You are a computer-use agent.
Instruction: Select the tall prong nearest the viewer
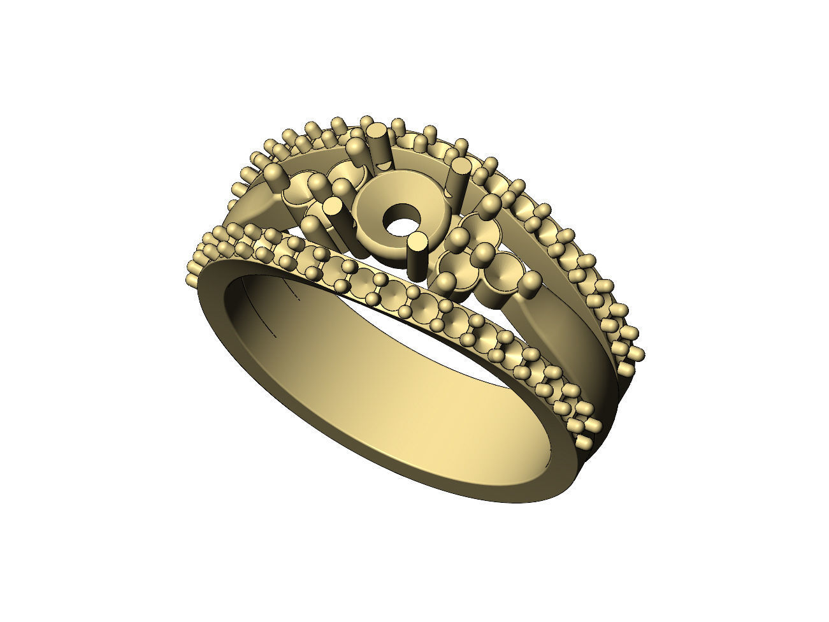[417, 255]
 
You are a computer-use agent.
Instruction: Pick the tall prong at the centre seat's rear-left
[377, 143]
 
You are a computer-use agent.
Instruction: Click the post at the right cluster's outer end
[531, 284]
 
